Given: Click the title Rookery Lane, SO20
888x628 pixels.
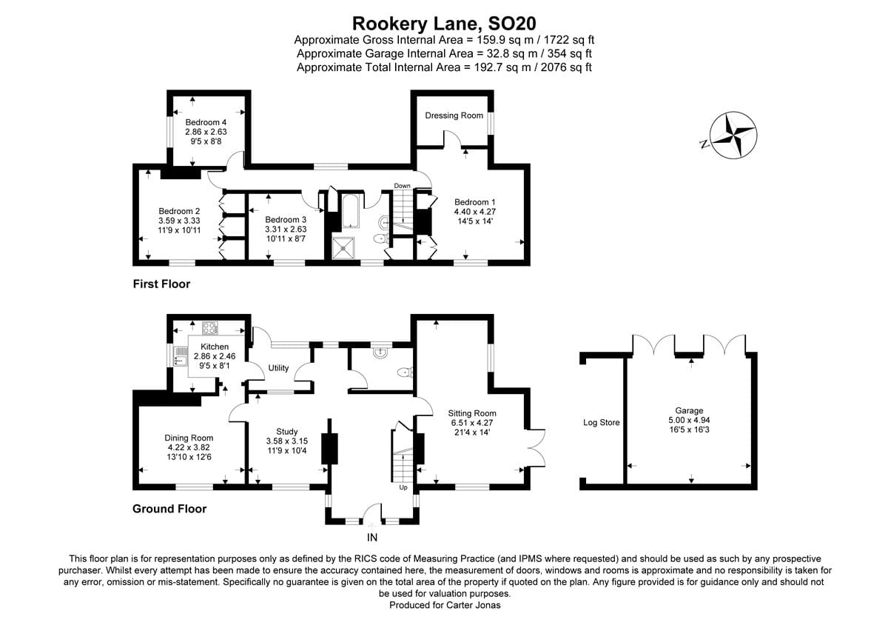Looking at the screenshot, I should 443,23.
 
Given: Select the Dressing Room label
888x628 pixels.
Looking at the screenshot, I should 454,116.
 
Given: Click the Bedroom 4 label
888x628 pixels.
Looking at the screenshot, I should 206,122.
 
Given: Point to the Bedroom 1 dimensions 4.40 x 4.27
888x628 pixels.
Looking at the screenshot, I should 474,212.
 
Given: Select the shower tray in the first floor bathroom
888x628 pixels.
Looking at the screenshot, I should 342,250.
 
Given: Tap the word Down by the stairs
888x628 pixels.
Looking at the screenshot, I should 402,186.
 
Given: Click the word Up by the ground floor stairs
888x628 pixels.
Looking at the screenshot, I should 403,488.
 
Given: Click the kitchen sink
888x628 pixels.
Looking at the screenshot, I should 180,358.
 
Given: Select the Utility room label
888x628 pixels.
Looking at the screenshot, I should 278,368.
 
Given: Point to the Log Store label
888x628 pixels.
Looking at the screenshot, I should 601,423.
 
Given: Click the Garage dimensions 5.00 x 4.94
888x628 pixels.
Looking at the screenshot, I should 688,420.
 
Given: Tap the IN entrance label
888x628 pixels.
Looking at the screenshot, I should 372,538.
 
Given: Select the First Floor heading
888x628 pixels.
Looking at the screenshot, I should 161,284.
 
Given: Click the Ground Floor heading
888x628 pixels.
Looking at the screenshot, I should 169,509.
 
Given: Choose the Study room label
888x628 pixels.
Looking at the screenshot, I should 286,432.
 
